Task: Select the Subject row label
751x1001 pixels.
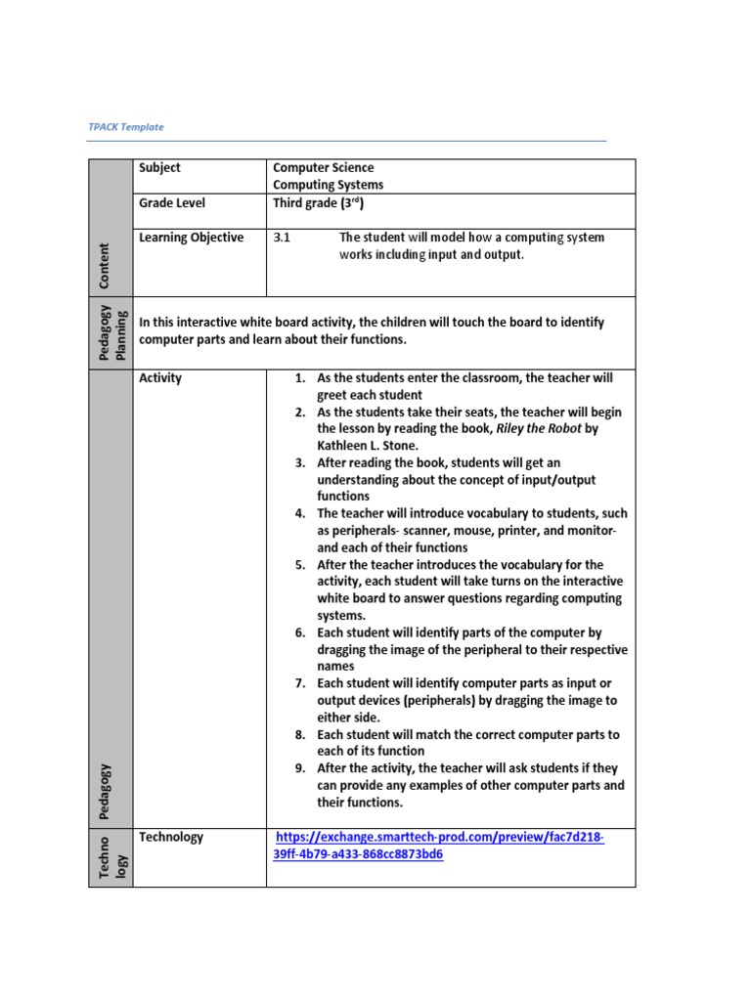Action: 159,168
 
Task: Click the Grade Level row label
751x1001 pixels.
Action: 172,203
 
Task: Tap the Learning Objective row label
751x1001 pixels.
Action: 191,238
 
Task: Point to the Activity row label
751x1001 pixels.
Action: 160,378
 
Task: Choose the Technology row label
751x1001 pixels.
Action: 171,837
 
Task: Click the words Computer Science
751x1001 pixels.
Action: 323,168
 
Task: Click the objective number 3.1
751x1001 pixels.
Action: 282,238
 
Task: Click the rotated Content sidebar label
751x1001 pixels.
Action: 104,266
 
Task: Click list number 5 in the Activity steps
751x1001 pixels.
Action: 300,565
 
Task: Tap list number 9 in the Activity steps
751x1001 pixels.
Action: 300,768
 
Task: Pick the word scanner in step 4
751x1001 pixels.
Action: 440,531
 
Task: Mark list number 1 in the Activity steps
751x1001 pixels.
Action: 300,378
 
